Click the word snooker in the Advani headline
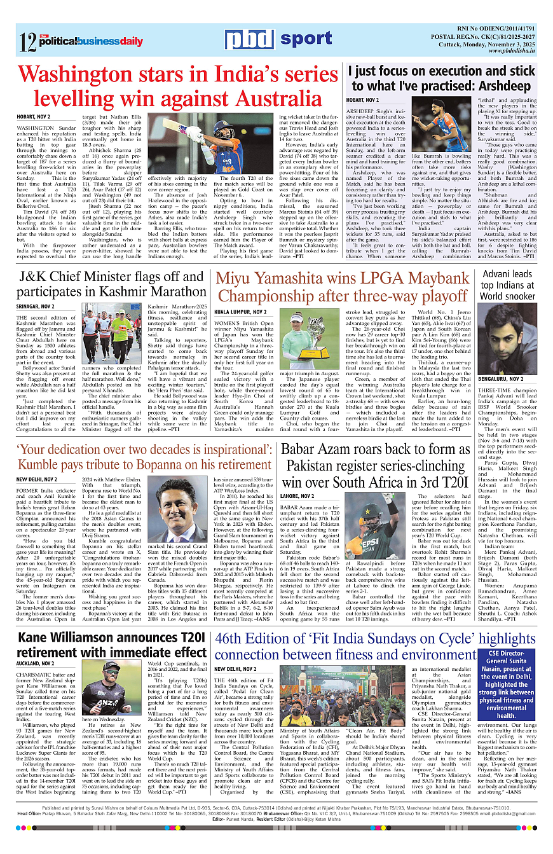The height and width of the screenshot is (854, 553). coord(517,296)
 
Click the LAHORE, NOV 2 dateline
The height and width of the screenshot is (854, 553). coord(299,495)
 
